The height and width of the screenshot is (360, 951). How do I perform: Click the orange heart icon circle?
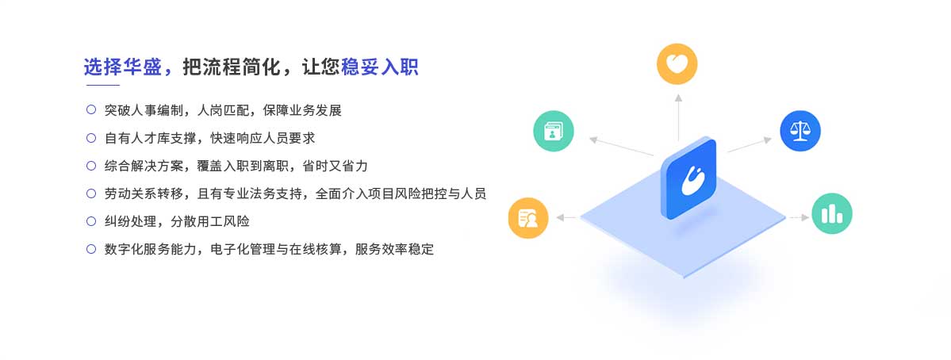point(677,63)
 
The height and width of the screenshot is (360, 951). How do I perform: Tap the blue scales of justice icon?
point(800,131)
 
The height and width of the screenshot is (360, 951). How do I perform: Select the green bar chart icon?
point(831,213)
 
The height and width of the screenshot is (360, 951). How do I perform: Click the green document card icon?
point(553,131)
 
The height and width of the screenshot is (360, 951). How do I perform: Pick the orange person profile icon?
point(528,217)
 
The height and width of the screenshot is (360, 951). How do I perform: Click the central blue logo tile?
point(689,178)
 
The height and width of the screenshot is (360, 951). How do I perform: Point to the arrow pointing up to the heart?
point(678,117)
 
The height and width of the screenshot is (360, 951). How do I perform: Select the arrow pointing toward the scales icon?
point(750,144)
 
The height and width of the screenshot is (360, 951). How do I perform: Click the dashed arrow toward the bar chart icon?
point(798,217)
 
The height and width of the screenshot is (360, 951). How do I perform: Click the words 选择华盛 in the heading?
point(122,67)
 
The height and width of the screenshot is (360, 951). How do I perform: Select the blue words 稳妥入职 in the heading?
point(380,67)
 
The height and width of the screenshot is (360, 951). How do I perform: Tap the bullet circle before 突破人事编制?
point(91,109)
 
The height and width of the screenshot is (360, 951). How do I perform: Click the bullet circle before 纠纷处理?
point(91,221)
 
